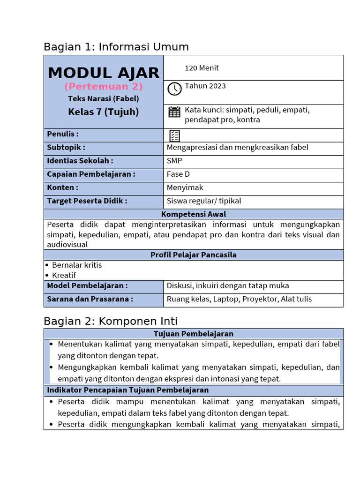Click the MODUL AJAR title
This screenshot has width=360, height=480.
tap(104, 73)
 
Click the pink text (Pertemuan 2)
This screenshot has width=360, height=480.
tap(104, 87)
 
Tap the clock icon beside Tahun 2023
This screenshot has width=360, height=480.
tap(174, 89)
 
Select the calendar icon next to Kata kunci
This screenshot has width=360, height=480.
tap(174, 112)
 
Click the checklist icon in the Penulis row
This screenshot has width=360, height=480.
tap(174, 136)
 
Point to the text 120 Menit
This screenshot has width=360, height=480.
tap(202, 68)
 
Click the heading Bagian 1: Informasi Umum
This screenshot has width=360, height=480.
tap(116, 47)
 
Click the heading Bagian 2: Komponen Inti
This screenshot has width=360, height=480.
tap(111, 321)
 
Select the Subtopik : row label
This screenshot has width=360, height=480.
tap(66, 147)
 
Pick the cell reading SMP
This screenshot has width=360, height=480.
tap(174, 161)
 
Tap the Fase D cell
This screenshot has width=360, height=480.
tap(178, 174)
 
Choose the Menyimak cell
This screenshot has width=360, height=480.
tap(185, 187)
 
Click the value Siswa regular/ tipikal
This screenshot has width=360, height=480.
tap(204, 201)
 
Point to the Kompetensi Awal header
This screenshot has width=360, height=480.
tap(194, 214)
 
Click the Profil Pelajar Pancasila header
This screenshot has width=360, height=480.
tap(194, 255)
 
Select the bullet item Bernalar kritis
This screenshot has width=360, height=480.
tap(77, 265)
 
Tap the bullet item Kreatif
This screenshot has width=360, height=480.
tap(64, 275)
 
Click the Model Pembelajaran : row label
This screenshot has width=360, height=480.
tap(87, 285)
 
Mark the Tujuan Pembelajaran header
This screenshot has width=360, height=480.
tap(194, 334)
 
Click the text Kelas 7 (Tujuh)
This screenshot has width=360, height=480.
tap(104, 112)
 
